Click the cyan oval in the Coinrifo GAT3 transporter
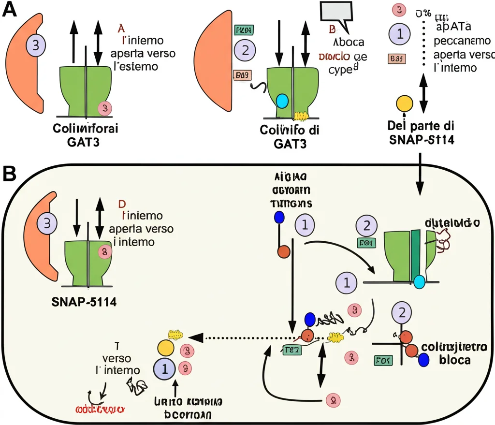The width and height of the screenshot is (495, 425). pyautogui.click(x=281, y=101)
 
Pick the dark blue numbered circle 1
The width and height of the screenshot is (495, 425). pyautogui.click(x=165, y=369)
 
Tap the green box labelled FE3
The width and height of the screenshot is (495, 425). pyautogui.click(x=291, y=350)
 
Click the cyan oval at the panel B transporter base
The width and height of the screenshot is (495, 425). pyautogui.click(x=419, y=282)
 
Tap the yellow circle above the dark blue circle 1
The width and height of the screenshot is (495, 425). pyautogui.click(x=166, y=348)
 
